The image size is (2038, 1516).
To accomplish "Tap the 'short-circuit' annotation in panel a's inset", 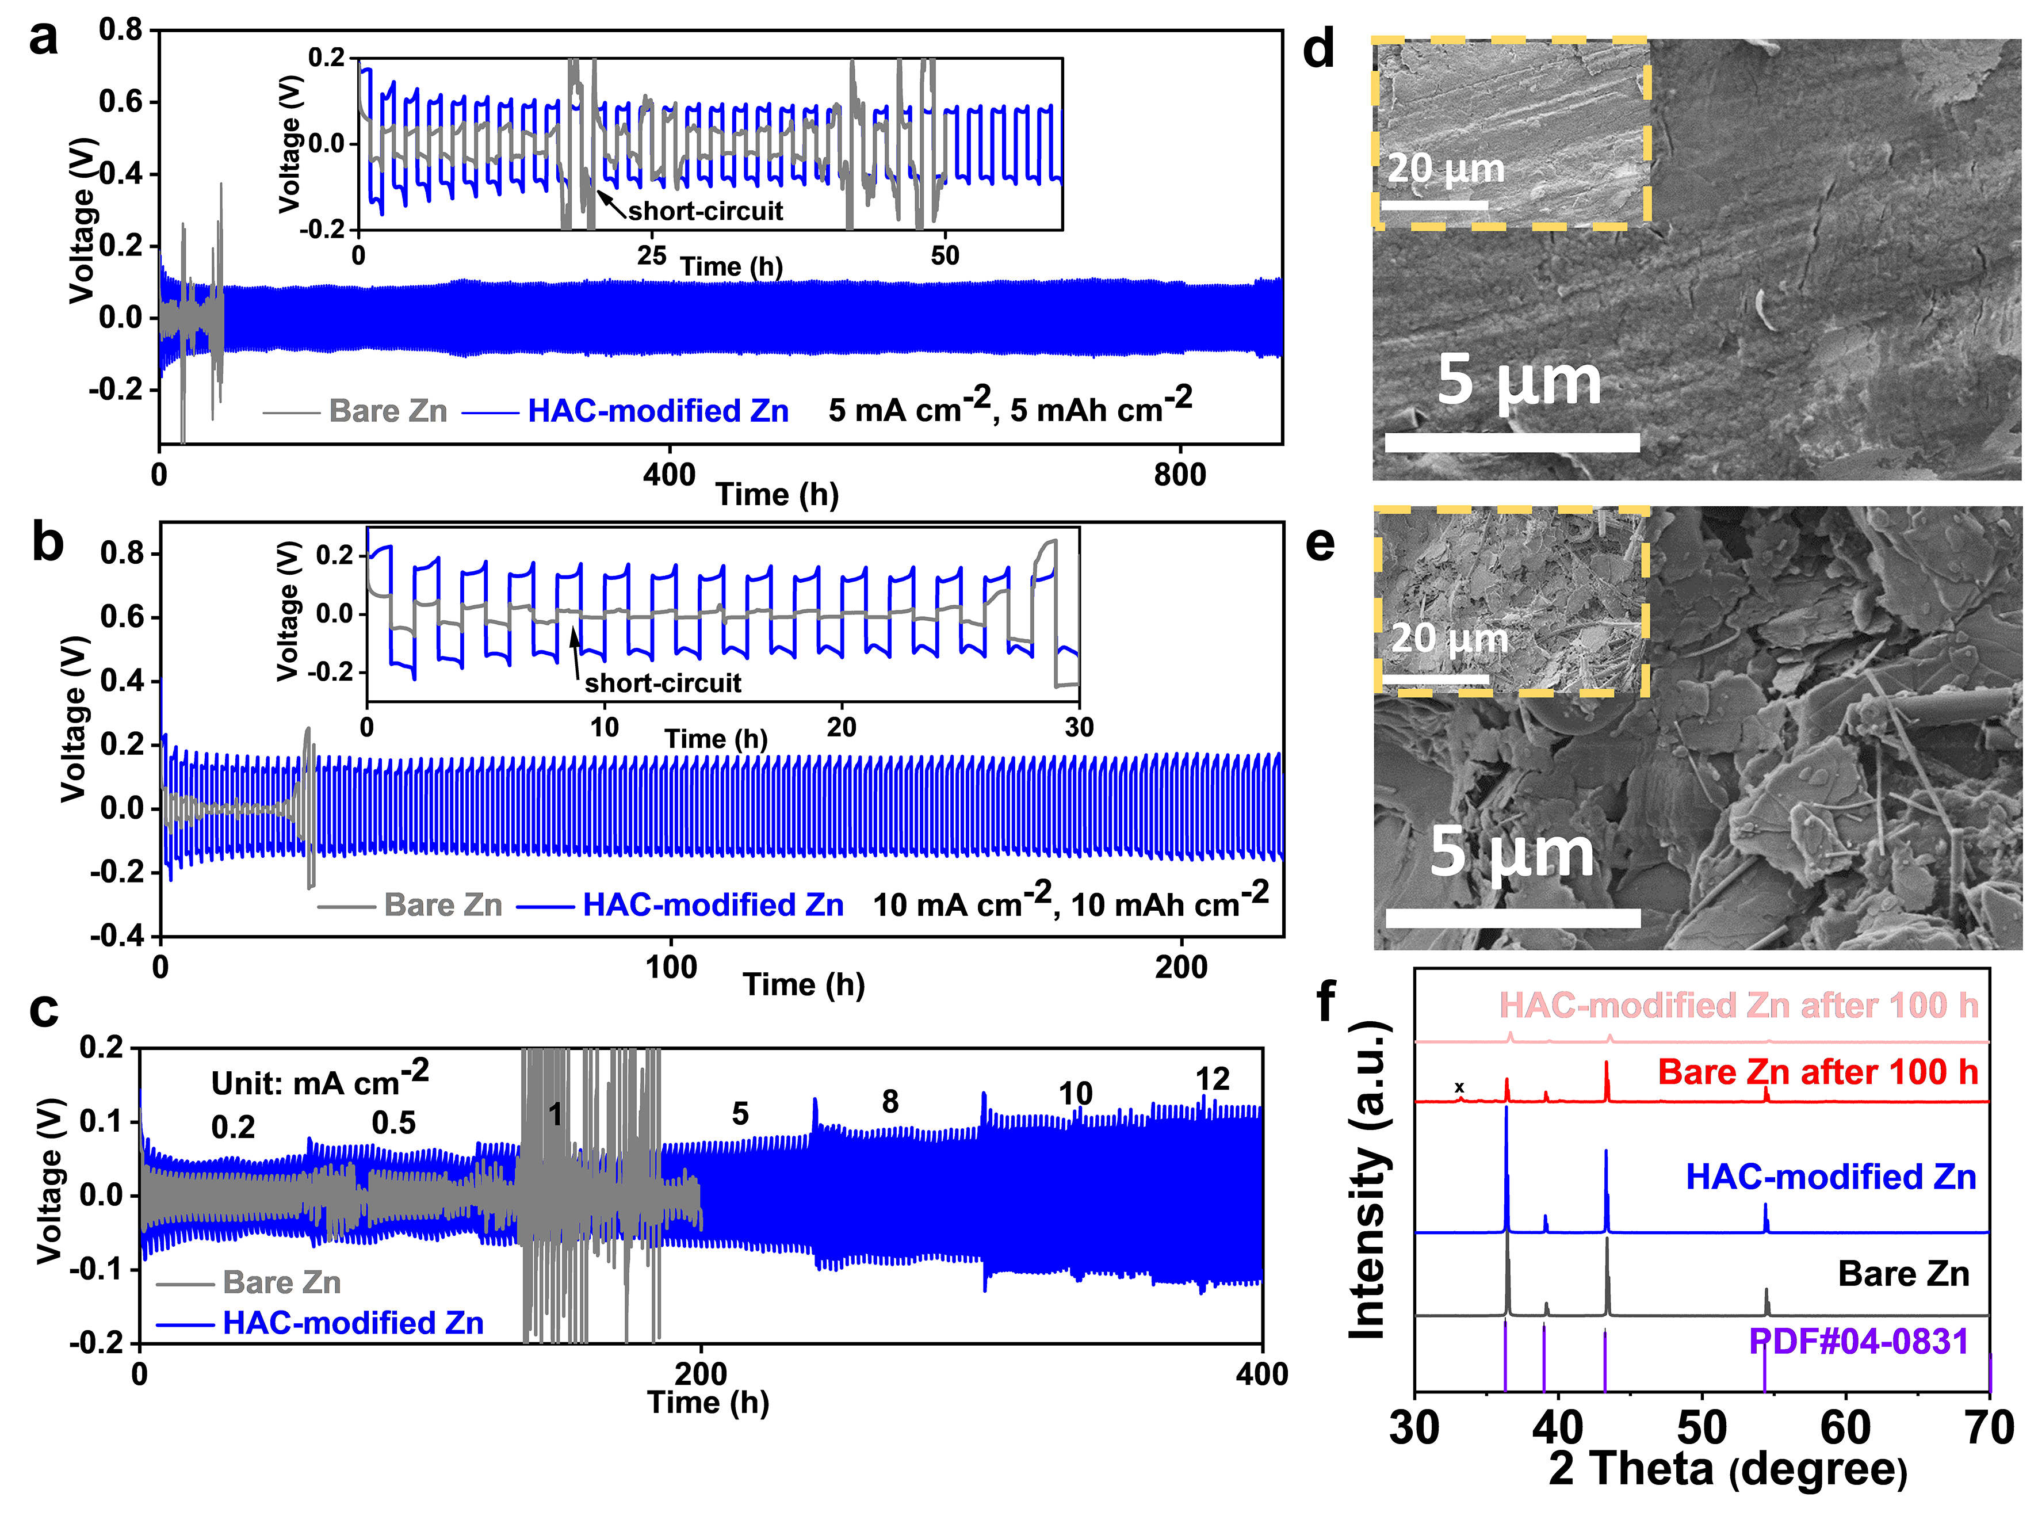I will [x=705, y=211].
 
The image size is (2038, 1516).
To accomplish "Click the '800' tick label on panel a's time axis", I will [x=1179, y=475].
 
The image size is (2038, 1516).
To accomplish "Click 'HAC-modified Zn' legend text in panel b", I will [x=713, y=905].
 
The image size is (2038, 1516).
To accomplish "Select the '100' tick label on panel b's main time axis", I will [x=671, y=967].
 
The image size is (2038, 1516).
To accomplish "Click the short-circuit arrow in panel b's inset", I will [x=575, y=651].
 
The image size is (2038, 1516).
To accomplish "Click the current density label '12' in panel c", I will [x=1211, y=1079].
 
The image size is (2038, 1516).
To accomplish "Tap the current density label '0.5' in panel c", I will [x=393, y=1123].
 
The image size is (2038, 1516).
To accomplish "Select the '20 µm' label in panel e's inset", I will [x=1449, y=639].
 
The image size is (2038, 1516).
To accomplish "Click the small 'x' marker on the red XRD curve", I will [x=1459, y=1087].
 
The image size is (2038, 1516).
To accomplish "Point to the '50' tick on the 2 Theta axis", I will [x=1702, y=1428].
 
